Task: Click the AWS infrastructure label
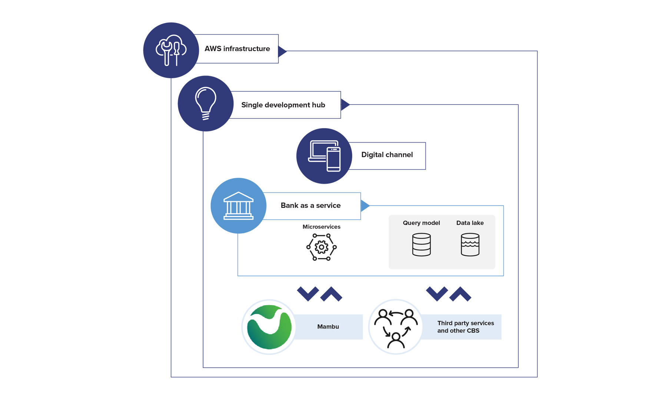tap(237, 49)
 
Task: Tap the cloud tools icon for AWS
tap(171, 50)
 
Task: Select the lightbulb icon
tap(206, 103)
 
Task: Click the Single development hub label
tap(283, 105)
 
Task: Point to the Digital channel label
tap(387, 155)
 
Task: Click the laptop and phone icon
tap(324, 156)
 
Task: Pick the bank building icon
tap(238, 206)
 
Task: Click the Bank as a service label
tap(311, 206)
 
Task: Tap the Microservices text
tap(321, 227)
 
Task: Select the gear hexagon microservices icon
tap(321, 247)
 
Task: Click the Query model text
tap(421, 223)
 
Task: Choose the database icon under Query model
tap(421, 244)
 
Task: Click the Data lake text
tap(470, 223)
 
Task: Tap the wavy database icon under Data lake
tap(470, 244)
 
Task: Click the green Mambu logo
tap(269, 327)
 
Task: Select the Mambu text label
tap(328, 327)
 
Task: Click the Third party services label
tap(465, 327)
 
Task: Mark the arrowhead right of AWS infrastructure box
tap(282, 51)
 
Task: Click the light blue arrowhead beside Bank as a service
tap(365, 206)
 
